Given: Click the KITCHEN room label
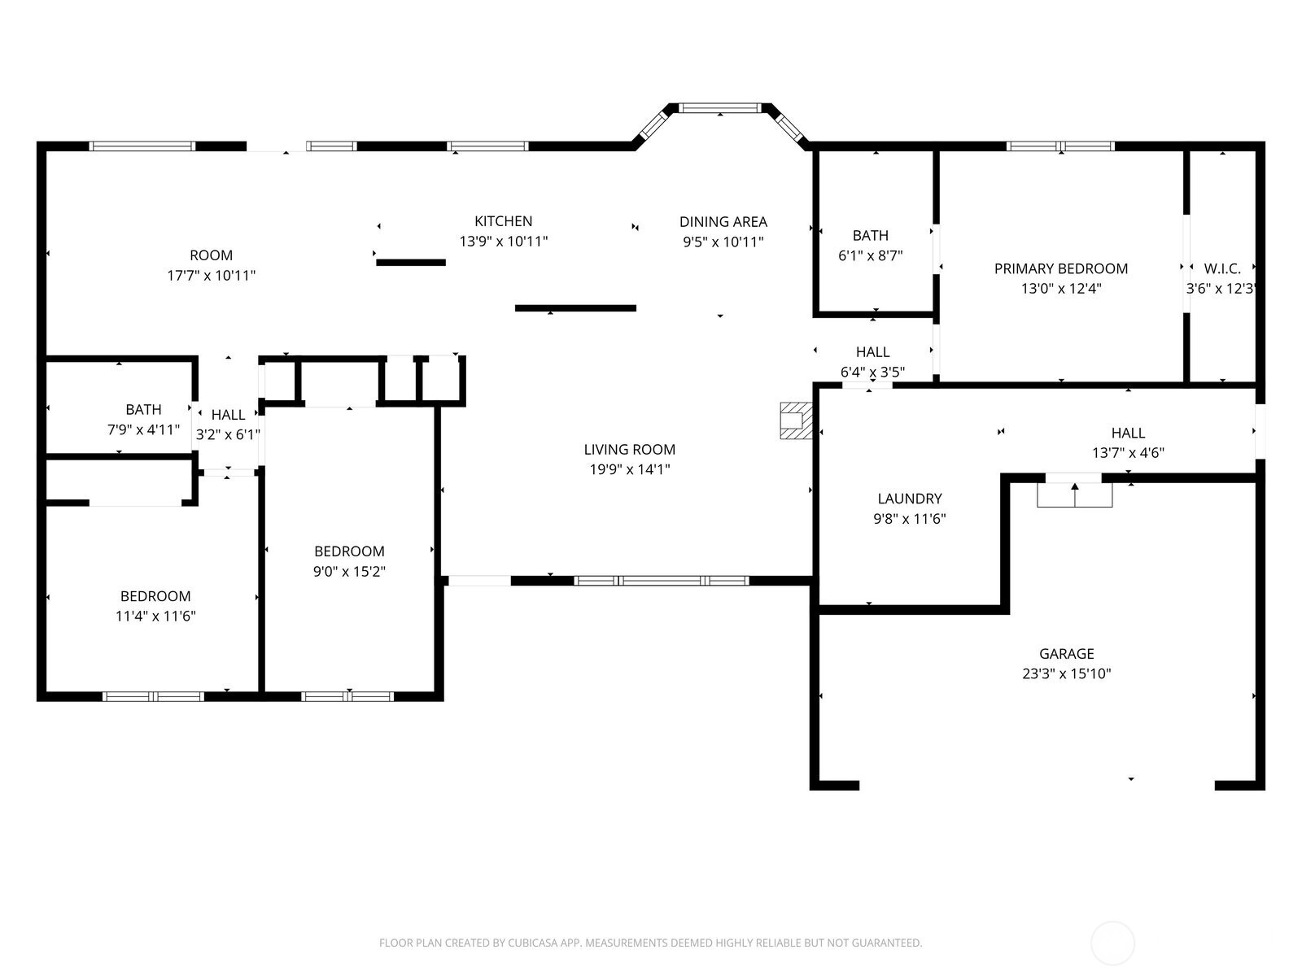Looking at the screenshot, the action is [x=503, y=221].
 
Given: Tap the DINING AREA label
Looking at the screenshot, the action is [x=723, y=221].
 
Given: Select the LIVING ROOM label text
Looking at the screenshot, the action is [x=629, y=449].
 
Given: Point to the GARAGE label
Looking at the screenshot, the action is [x=1067, y=654].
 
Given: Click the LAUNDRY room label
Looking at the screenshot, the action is [x=909, y=499].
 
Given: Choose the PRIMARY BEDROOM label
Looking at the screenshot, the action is [x=1061, y=268].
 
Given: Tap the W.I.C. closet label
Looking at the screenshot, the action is [x=1222, y=268].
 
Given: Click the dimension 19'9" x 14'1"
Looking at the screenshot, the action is [x=629, y=469].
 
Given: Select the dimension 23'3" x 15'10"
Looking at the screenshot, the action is [x=1067, y=673].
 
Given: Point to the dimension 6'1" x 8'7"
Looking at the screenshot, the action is [x=870, y=255].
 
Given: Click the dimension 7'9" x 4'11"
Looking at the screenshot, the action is [x=143, y=429].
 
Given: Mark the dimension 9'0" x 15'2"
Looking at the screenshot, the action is [x=349, y=571].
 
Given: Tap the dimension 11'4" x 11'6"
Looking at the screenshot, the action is [x=155, y=617].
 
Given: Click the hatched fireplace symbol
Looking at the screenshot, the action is [x=795, y=420].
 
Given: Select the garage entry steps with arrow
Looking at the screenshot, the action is [x=1074, y=495].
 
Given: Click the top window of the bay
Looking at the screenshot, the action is [x=719, y=108].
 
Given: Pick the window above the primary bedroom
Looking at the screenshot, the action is [x=1060, y=146].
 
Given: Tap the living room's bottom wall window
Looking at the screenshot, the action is [x=662, y=581].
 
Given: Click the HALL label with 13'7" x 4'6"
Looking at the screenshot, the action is [x=1128, y=442].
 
